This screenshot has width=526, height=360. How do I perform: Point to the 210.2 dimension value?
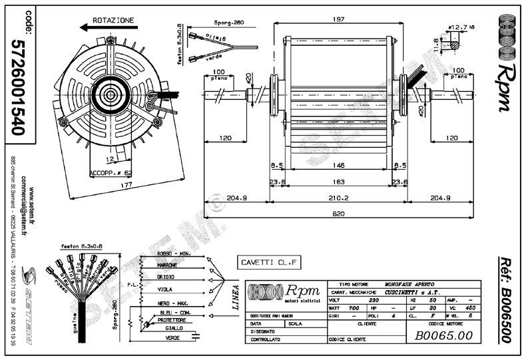tap(339, 198)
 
